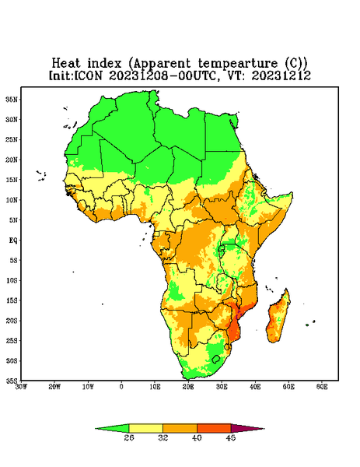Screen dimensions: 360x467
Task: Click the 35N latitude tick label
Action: click(x=12, y=99)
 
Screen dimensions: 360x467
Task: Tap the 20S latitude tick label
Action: click(x=12, y=321)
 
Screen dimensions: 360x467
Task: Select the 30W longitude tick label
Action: click(x=22, y=387)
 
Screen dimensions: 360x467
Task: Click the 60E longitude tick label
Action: click(x=322, y=387)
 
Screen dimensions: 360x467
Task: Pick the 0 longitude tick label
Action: click(x=121, y=387)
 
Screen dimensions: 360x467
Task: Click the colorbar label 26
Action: click(x=129, y=437)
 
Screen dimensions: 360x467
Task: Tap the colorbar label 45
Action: click(x=231, y=437)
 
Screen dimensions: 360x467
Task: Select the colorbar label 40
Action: click(x=197, y=437)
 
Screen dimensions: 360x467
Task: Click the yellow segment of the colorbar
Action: click(x=145, y=428)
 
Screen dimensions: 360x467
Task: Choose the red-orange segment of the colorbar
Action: click(x=214, y=428)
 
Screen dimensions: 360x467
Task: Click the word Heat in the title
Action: click(x=66, y=63)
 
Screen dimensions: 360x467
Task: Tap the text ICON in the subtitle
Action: click(x=88, y=75)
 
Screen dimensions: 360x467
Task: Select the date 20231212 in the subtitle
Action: click(x=281, y=75)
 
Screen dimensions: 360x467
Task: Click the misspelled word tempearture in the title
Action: click(x=238, y=64)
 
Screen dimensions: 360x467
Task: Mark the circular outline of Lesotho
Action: click(x=216, y=359)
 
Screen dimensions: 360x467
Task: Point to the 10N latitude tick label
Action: click(x=12, y=200)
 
